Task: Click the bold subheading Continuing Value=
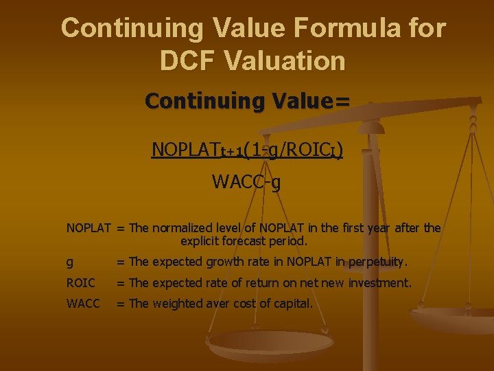(x=248, y=101)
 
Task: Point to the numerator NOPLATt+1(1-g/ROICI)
(x=248, y=149)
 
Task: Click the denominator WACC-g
(x=246, y=182)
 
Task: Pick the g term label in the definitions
(x=70, y=262)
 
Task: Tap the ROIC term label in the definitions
(x=81, y=282)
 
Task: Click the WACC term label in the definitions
(x=83, y=303)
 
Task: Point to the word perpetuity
(x=377, y=262)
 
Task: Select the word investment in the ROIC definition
(x=379, y=282)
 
